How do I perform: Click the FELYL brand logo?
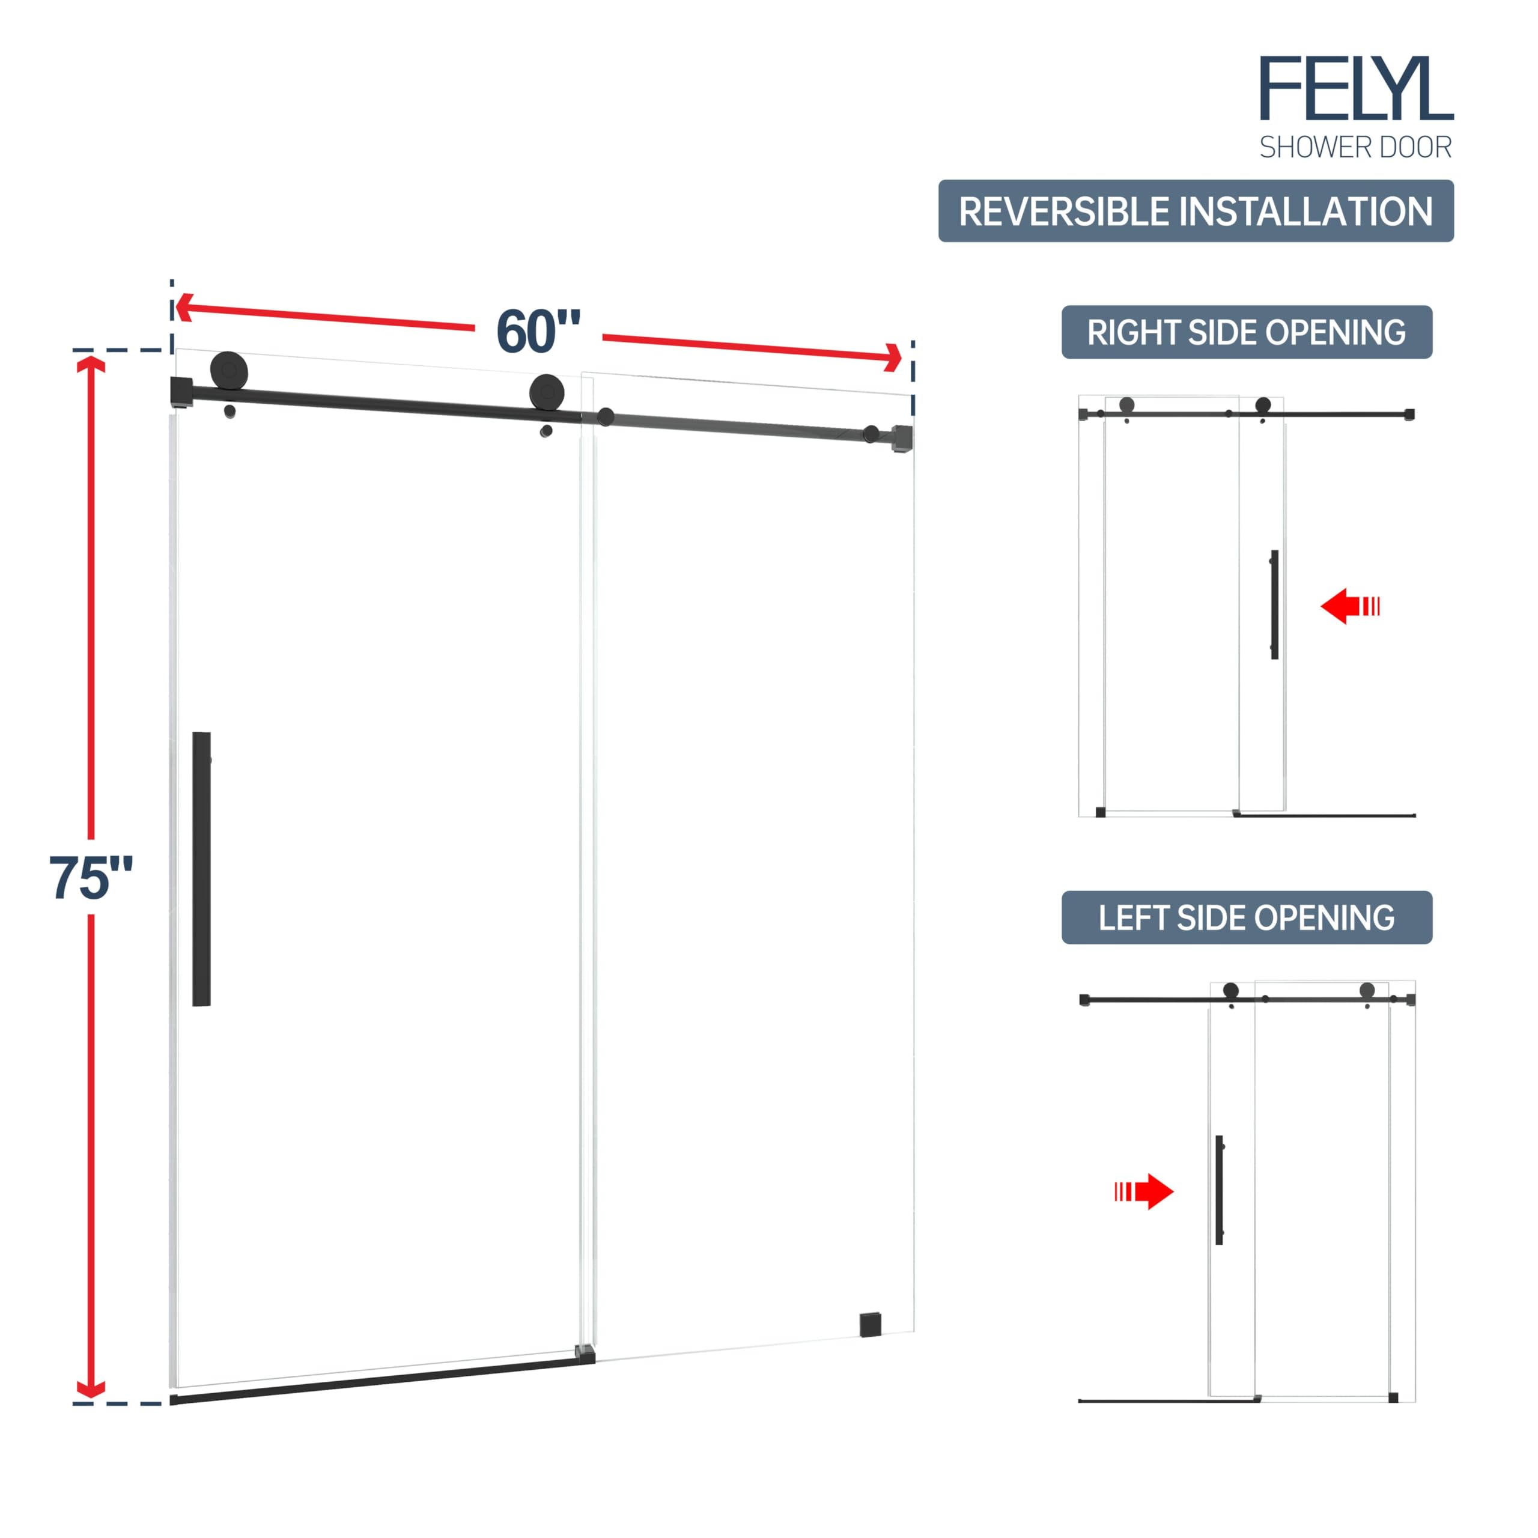(x=1356, y=88)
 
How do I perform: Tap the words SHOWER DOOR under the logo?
(x=1355, y=147)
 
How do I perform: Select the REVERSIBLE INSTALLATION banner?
(x=1196, y=211)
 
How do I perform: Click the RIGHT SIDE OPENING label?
(x=1247, y=332)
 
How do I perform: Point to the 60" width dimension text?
(x=538, y=331)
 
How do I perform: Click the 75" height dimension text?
(x=90, y=878)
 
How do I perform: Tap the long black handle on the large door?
(x=201, y=869)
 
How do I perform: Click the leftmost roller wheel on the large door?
(x=229, y=371)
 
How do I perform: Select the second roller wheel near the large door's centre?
(x=547, y=392)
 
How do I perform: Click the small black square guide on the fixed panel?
(x=870, y=1325)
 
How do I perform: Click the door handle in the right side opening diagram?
(x=1274, y=604)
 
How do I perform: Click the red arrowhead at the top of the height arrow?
(x=91, y=367)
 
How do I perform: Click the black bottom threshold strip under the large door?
(x=382, y=1381)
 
